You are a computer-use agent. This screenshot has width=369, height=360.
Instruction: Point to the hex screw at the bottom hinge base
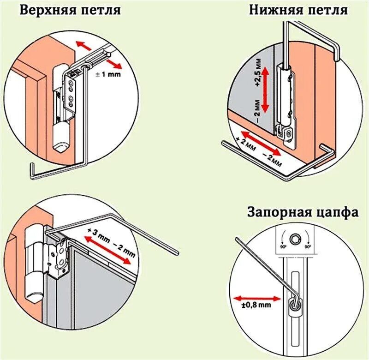click(x=289, y=132)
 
